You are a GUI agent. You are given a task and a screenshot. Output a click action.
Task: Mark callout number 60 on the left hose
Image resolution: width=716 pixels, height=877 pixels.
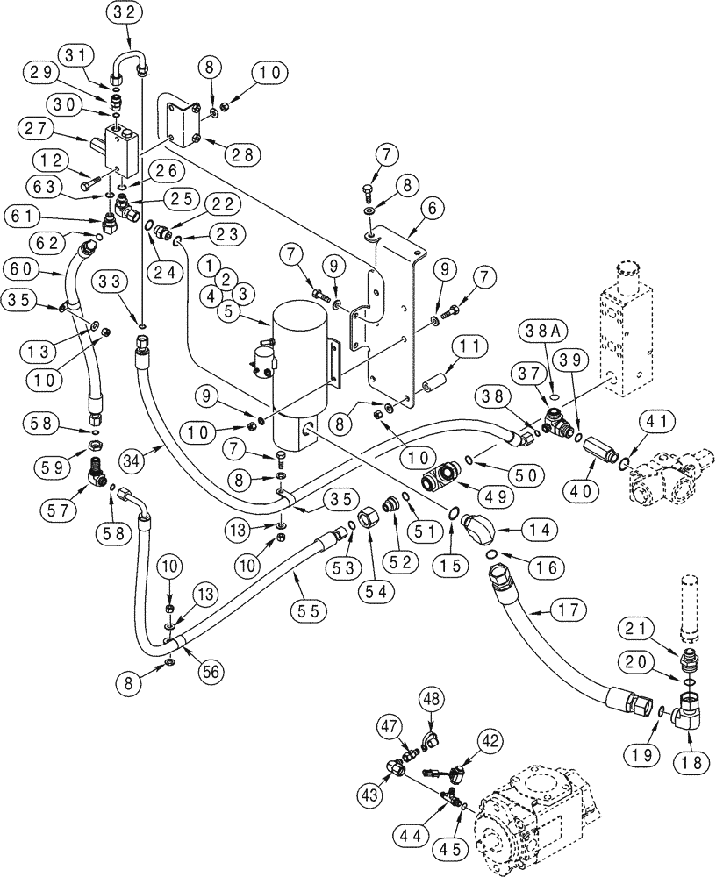click(21, 267)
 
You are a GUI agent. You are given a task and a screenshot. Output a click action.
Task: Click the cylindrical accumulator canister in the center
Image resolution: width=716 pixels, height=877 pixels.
click(301, 368)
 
